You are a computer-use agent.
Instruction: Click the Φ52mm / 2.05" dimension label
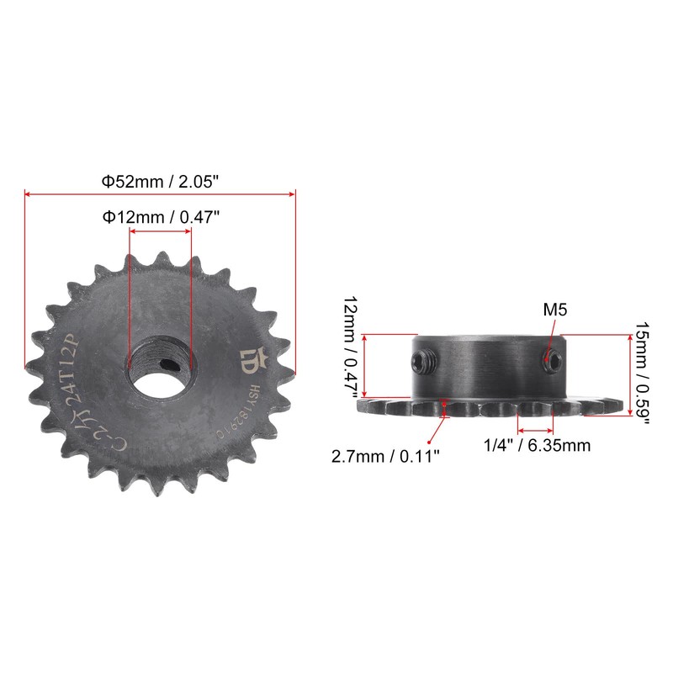point(161,181)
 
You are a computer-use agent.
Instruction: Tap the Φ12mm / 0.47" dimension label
point(161,217)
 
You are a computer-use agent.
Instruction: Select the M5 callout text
point(555,310)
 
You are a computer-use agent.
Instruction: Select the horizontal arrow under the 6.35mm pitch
point(536,429)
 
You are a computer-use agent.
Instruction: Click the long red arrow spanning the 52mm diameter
point(161,194)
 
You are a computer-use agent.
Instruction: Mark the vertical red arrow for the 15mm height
point(628,374)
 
